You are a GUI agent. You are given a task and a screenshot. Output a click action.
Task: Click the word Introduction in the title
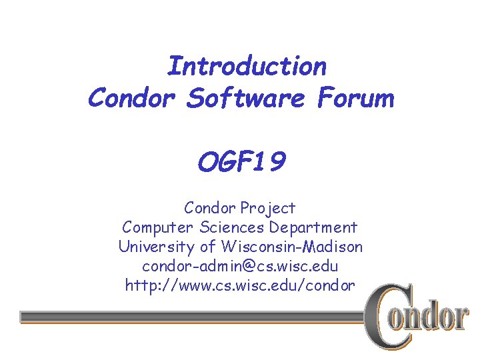(246, 67)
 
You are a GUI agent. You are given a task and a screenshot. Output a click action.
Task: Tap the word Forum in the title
(356, 99)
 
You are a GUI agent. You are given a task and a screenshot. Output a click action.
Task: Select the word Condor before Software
(131, 99)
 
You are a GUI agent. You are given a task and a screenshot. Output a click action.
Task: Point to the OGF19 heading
(241, 162)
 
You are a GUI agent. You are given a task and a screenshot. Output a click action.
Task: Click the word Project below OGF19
(269, 208)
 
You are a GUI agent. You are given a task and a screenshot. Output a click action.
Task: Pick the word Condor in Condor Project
(211, 208)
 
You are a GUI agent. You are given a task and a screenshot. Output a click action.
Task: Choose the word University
(156, 247)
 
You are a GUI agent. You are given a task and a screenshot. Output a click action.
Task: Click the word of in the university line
(207, 247)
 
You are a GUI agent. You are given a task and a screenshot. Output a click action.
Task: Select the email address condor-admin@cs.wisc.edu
(240, 266)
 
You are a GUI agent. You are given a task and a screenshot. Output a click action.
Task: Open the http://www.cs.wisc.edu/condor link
(240, 285)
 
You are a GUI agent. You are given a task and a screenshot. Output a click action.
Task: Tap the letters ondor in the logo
(436, 318)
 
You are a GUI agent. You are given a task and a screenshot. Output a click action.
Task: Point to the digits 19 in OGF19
(270, 162)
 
